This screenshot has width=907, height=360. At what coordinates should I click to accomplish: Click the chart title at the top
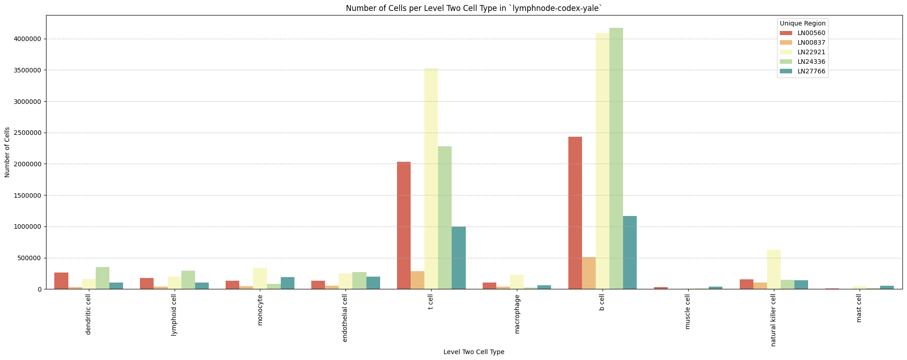click(x=474, y=8)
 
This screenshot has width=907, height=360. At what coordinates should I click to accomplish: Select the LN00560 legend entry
click(x=814, y=33)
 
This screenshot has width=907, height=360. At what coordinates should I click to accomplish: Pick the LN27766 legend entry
click(x=814, y=71)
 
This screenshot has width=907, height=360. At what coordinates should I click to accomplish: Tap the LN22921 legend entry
click(x=814, y=52)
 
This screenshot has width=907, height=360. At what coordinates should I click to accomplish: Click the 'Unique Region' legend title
click(x=802, y=23)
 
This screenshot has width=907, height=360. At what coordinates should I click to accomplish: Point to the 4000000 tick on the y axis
click(x=29, y=39)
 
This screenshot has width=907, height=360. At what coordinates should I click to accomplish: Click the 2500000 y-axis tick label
click(x=29, y=133)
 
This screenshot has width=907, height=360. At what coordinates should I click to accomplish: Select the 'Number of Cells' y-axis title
click(x=7, y=152)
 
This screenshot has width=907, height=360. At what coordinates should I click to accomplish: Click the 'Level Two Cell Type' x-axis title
click(x=474, y=352)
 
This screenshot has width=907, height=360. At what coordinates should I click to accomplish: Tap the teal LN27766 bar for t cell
click(x=459, y=258)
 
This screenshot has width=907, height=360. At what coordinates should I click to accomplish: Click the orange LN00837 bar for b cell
click(x=589, y=273)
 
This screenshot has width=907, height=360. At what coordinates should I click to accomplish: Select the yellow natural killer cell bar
click(x=774, y=269)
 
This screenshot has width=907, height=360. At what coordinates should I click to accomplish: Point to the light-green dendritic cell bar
click(x=103, y=278)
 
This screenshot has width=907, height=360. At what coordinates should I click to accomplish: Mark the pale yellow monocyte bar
click(x=260, y=278)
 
